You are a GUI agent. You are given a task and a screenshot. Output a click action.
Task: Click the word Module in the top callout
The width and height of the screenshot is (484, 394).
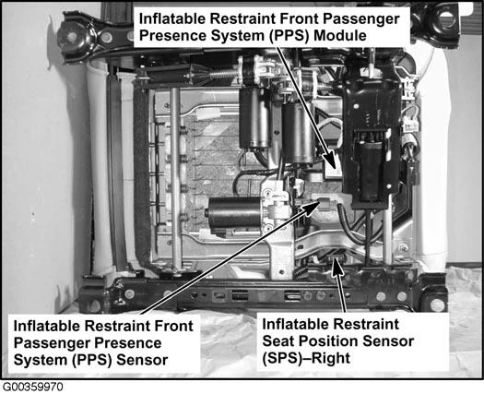340,36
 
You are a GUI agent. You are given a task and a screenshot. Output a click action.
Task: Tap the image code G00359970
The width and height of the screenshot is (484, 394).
32,387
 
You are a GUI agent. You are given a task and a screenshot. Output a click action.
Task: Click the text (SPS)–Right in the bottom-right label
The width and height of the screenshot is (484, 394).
306,358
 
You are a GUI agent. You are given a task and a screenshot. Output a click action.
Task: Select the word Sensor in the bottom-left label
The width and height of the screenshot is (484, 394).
142,360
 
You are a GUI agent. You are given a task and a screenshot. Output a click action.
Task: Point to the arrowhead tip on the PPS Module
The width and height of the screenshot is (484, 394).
335,169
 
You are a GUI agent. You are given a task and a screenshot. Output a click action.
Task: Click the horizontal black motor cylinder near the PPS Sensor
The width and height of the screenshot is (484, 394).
234,212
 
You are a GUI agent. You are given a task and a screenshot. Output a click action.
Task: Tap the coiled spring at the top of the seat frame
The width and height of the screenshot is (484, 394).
223,74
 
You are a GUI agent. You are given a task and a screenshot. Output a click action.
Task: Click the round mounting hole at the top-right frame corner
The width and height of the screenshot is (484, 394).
445,17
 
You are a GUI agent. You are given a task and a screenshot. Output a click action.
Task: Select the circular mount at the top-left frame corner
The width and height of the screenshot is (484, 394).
73,38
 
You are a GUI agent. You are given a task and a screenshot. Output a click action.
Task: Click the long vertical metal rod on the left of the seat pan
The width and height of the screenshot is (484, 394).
175,179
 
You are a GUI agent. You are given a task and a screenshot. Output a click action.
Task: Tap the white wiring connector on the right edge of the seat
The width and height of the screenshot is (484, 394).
410,126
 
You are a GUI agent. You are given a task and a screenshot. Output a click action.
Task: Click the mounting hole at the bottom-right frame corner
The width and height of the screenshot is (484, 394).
437,305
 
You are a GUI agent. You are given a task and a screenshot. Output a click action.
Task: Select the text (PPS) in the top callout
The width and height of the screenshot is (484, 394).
289,36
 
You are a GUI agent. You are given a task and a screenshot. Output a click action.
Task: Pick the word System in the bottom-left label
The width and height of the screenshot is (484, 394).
41,360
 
